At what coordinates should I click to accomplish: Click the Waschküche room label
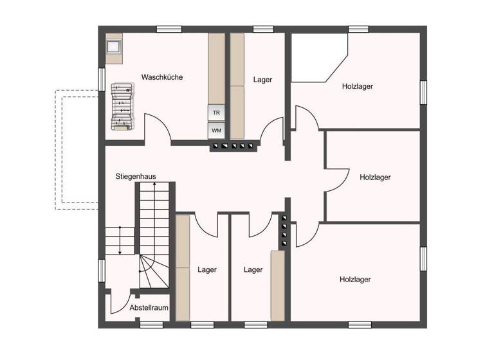click(162, 77)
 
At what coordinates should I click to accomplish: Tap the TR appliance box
click(216, 112)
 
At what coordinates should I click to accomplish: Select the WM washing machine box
click(216, 130)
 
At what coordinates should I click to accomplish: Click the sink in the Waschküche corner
click(114, 47)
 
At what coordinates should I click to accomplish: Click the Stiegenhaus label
click(136, 176)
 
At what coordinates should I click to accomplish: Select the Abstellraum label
click(149, 308)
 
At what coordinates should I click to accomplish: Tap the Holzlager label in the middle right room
click(376, 177)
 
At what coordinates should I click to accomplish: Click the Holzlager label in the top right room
click(358, 86)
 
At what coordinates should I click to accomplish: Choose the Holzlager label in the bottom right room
click(355, 280)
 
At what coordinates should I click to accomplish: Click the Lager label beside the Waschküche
click(262, 80)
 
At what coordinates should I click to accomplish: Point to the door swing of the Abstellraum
click(120, 302)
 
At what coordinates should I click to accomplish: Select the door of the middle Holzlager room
click(338, 180)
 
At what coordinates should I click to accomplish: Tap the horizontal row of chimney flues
click(233, 147)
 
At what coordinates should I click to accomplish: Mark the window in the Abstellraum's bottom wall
click(151, 325)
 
